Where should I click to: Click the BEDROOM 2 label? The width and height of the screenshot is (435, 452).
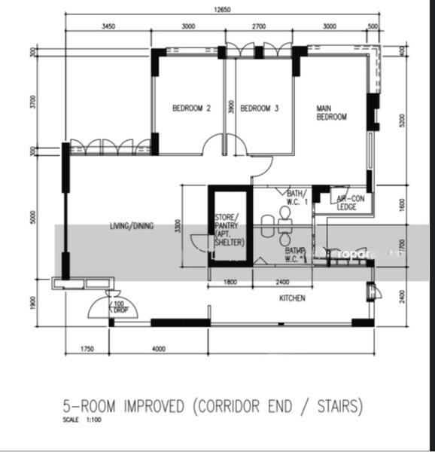191,108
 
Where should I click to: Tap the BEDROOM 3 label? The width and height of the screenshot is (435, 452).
260,108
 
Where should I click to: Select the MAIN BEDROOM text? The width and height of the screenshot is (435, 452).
331,112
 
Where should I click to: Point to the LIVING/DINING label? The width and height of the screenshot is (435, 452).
132,226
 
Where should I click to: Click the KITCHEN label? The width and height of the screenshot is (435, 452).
293,298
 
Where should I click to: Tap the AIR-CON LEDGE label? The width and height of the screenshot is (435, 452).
347,203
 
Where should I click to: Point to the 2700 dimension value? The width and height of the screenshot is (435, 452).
258,26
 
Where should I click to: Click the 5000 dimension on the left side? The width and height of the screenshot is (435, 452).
33,218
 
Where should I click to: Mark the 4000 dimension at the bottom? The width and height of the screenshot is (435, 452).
158,350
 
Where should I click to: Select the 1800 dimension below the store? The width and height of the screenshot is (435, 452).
231,282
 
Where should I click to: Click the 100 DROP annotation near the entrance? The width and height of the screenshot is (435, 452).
118,307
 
